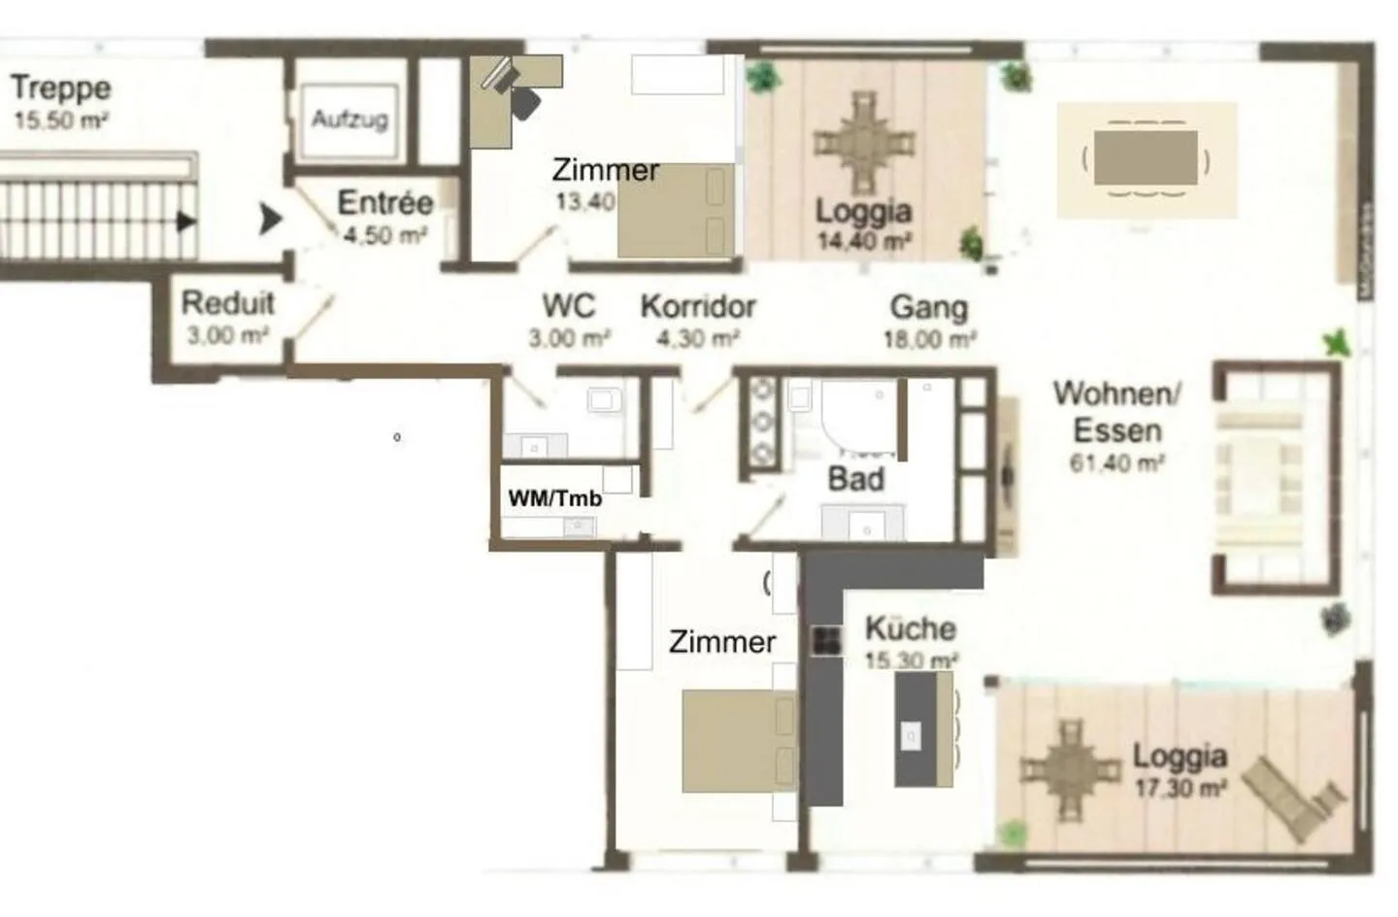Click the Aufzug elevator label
tap(349, 119)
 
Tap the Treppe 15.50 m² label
tap(60, 101)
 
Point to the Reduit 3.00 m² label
tap(228, 317)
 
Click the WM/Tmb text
tap(554, 499)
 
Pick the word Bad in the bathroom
tap(855, 478)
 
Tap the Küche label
tap(911, 641)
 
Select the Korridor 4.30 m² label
tap(697, 320)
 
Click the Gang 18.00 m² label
tap(929, 321)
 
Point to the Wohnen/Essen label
tap(1116, 425)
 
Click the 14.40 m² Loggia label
tap(863, 223)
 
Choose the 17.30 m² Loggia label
tap(1180, 769)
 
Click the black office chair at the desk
tap(524, 102)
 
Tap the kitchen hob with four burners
tap(826, 639)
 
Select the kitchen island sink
tap(912, 735)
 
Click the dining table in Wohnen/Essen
tap(1146, 158)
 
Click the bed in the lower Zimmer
tap(738, 740)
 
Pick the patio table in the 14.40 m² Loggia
tap(863, 142)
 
